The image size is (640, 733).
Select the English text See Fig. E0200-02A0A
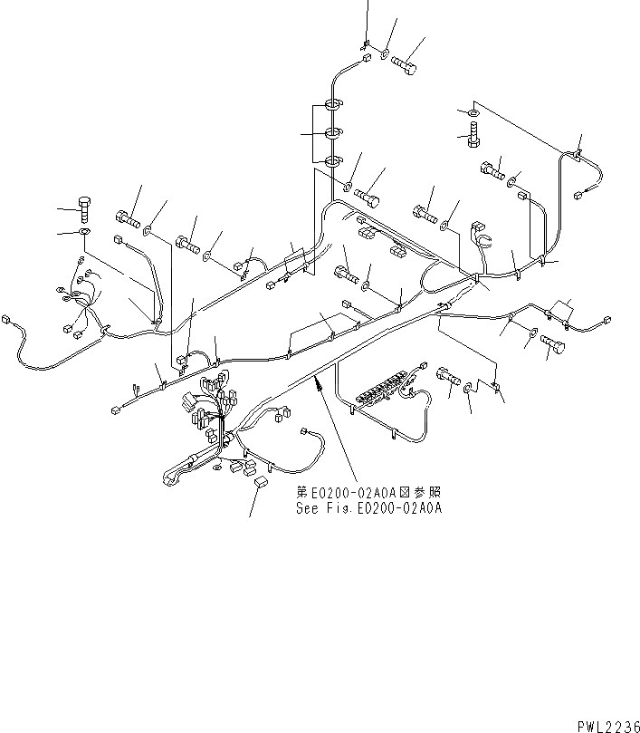coord(368,508)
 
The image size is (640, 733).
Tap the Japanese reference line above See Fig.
coord(368,493)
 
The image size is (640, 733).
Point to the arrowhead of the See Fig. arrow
coord(316,385)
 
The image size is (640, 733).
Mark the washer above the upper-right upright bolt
coord(473,112)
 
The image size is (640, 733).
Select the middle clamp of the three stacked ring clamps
coord(332,134)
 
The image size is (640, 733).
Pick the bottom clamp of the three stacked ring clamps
coord(332,161)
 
